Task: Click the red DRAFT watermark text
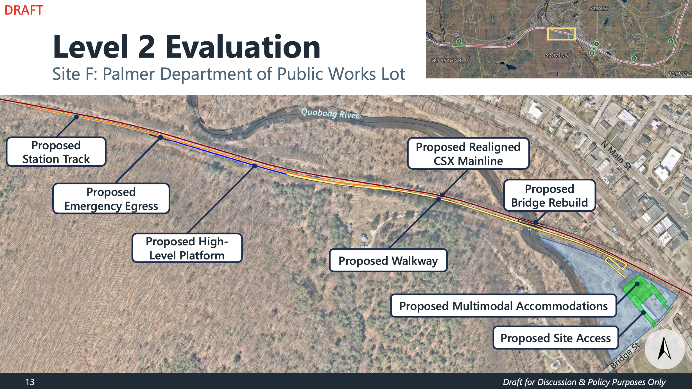pyautogui.click(x=24, y=10)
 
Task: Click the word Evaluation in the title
pyautogui.click(x=243, y=47)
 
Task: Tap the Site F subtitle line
pyautogui.click(x=229, y=74)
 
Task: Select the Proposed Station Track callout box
pyautogui.click(x=56, y=152)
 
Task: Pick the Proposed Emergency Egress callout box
pyautogui.click(x=111, y=199)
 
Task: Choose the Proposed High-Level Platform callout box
pyautogui.click(x=187, y=248)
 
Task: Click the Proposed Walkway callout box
pyautogui.click(x=388, y=261)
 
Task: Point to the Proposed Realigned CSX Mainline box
pyautogui.click(x=468, y=153)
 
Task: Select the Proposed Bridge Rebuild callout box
pyautogui.click(x=549, y=195)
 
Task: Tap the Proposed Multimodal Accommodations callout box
pyautogui.click(x=503, y=306)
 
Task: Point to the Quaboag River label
pyautogui.click(x=330, y=114)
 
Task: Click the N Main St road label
pyautogui.click(x=616, y=155)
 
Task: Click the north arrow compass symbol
pyautogui.click(x=664, y=349)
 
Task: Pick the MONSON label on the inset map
pyautogui.click(x=557, y=55)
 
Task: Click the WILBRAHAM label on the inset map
pyautogui.click(x=446, y=60)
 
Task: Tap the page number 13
pyautogui.click(x=30, y=382)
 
